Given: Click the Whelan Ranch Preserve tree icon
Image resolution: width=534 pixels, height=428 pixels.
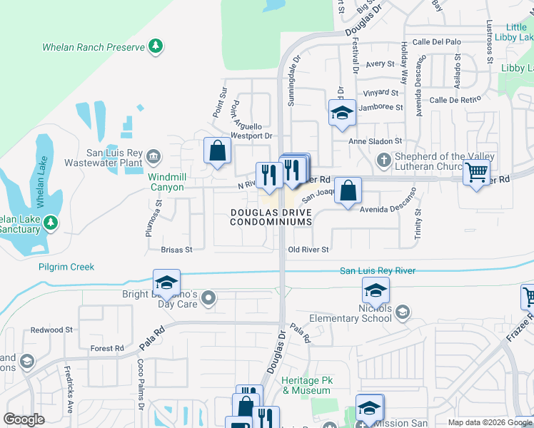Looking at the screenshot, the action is pos(155,47).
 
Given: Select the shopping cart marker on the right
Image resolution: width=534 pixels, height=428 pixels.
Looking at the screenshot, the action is pos(476,172).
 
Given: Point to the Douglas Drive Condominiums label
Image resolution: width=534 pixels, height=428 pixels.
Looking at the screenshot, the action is pos(271,217).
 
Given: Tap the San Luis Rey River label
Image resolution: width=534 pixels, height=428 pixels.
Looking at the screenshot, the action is pos(377,271).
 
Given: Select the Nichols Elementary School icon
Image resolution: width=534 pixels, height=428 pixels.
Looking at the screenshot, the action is pos(403,312).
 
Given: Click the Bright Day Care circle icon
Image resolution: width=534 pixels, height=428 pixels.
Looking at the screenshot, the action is pos(208,297).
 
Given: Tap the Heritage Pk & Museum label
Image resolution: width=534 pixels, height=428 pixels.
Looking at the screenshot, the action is pos(308,386).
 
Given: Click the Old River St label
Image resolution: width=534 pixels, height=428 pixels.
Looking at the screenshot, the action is pos(308,250).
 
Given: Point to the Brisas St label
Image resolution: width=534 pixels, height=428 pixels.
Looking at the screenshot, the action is pos(176,250).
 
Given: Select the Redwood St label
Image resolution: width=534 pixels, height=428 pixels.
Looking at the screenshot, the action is pos(51,330).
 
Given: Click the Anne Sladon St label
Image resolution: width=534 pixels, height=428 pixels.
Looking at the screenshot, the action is pos(376,141).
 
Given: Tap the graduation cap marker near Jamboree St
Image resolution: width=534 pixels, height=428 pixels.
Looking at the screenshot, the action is pos(342,113).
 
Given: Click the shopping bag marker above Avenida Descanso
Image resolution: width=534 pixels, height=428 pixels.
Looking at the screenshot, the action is pos(348,190).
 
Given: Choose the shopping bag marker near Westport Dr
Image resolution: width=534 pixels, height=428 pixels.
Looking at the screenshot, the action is pos(217,151).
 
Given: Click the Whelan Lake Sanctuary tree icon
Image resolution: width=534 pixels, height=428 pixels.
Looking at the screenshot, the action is pos(51,223).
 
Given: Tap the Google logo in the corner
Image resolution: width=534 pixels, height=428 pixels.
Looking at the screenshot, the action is pos(24,419).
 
